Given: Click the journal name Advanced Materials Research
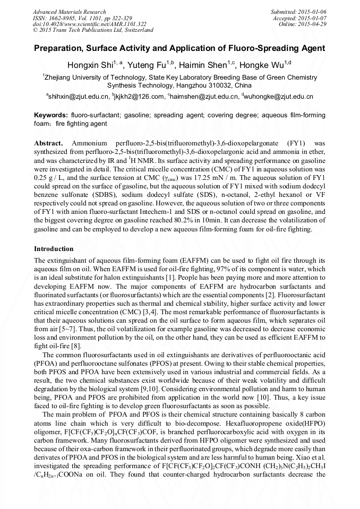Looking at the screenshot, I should [69, 12].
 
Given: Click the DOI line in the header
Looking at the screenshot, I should [90, 24].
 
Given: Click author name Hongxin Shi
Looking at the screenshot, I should [89, 65].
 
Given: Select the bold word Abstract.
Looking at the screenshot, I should [48, 144].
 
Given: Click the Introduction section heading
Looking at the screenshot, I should [54, 249].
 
